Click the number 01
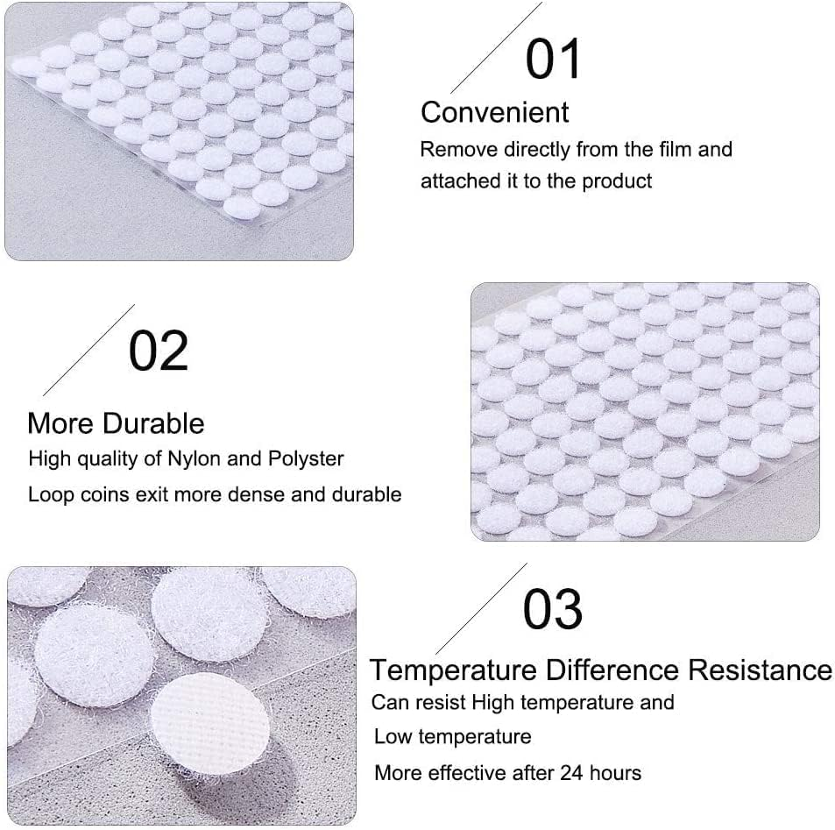(x=554, y=59)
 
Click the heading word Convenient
(x=494, y=112)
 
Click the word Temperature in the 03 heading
(x=452, y=670)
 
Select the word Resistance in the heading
(x=760, y=670)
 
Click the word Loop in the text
(x=49, y=494)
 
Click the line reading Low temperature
(x=452, y=736)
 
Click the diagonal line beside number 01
(x=496, y=47)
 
